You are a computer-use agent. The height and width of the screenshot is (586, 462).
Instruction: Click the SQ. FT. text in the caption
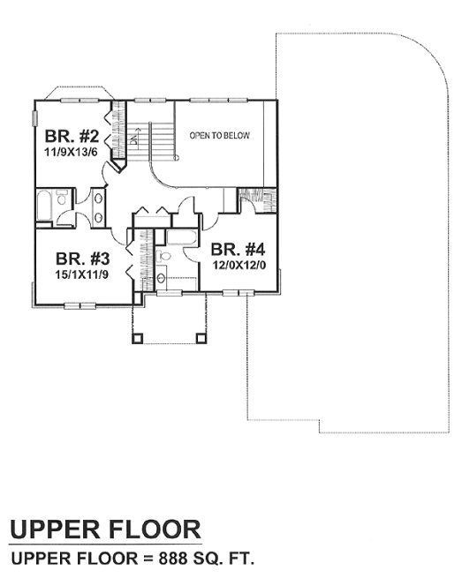click(223, 560)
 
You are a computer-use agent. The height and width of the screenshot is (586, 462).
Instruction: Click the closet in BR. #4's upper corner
click(253, 203)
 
